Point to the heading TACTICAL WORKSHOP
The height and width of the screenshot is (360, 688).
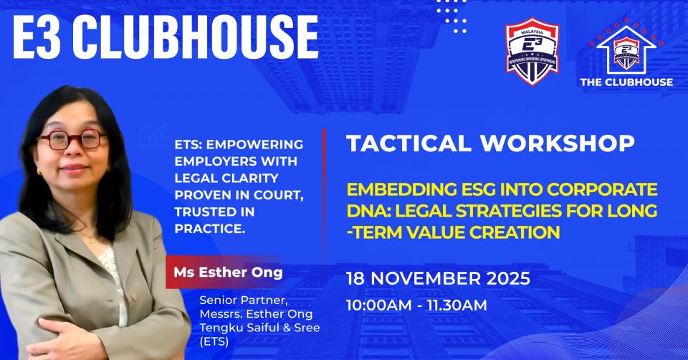click(489, 143)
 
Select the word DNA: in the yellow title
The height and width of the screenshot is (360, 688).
click(371, 212)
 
